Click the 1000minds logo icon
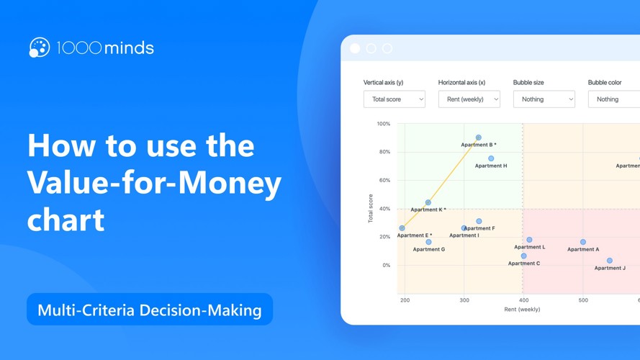click(x=39, y=48)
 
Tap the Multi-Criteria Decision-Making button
click(x=150, y=310)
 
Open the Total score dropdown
click(x=394, y=99)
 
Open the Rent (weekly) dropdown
click(x=469, y=99)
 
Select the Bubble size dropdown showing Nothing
click(x=544, y=99)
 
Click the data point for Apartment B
click(x=479, y=138)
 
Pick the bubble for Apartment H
click(x=491, y=158)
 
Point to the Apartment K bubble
click(x=428, y=203)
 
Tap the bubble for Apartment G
click(x=428, y=243)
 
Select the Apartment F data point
click(x=479, y=222)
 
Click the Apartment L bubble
click(x=529, y=240)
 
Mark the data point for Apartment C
click(x=523, y=256)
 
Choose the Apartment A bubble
click(x=583, y=243)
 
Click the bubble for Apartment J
click(x=610, y=261)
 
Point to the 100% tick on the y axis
click(x=384, y=124)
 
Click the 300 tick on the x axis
click(x=464, y=300)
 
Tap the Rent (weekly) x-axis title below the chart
click(x=522, y=310)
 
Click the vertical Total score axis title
click(x=371, y=208)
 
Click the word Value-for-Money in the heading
click(x=154, y=183)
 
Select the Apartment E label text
click(x=414, y=235)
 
